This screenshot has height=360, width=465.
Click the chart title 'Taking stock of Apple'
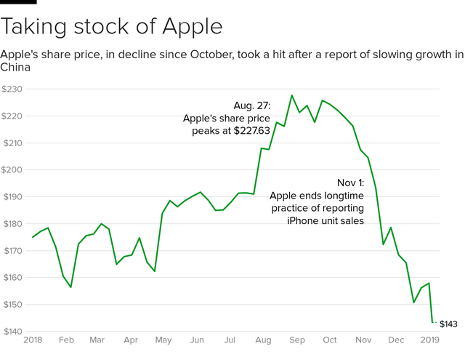pyautogui.click(x=112, y=27)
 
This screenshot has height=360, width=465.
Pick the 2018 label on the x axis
pyautogui.click(x=33, y=340)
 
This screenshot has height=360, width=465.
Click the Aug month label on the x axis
pyautogui.click(x=264, y=340)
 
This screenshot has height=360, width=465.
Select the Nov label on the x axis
pyautogui.click(x=363, y=340)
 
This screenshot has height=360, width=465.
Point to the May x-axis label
pyautogui.click(x=163, y=340)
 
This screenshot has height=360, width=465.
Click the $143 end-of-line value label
pyautogui.click(x=448, y=323)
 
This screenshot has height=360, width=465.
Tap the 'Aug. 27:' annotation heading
pyautogui.click(x=251, y=105)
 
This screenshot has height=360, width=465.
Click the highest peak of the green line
pyautogui.click(x=291, y=95)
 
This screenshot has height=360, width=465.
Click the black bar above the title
pyautogui.click(x=18, y=2)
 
